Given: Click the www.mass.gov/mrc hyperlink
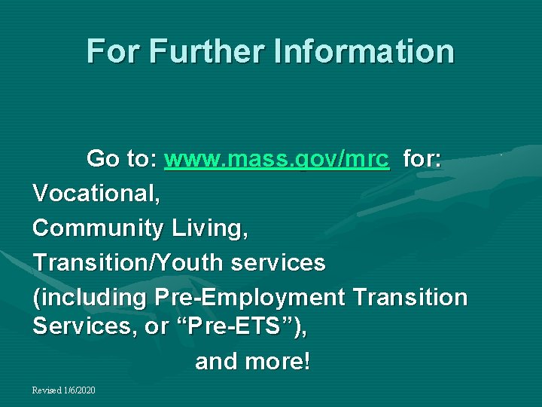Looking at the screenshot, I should click(276, 160).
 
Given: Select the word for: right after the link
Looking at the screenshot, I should click(422, 160).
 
